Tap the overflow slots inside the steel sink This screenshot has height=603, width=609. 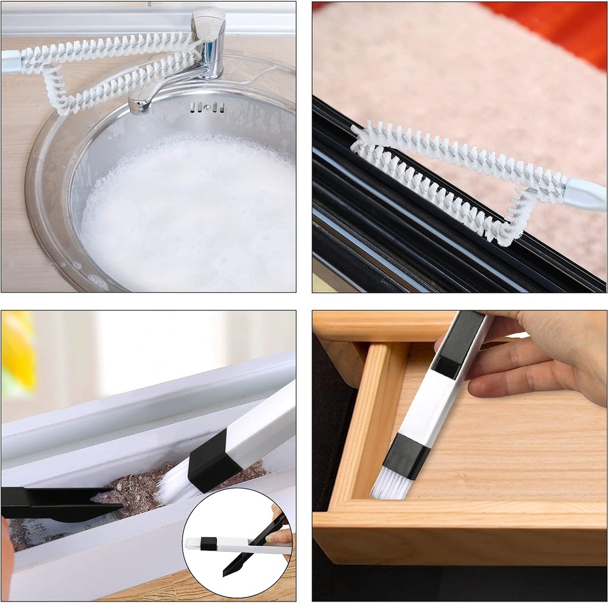pyautogui.click(x=208, y=108)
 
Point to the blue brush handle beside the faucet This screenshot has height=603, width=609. pyautogui.click(x=10, y=62)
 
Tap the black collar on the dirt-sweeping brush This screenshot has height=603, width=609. pyautogui.click(x=208, y=461)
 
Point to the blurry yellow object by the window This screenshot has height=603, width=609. pyautogui.click(x=18, y=351)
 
